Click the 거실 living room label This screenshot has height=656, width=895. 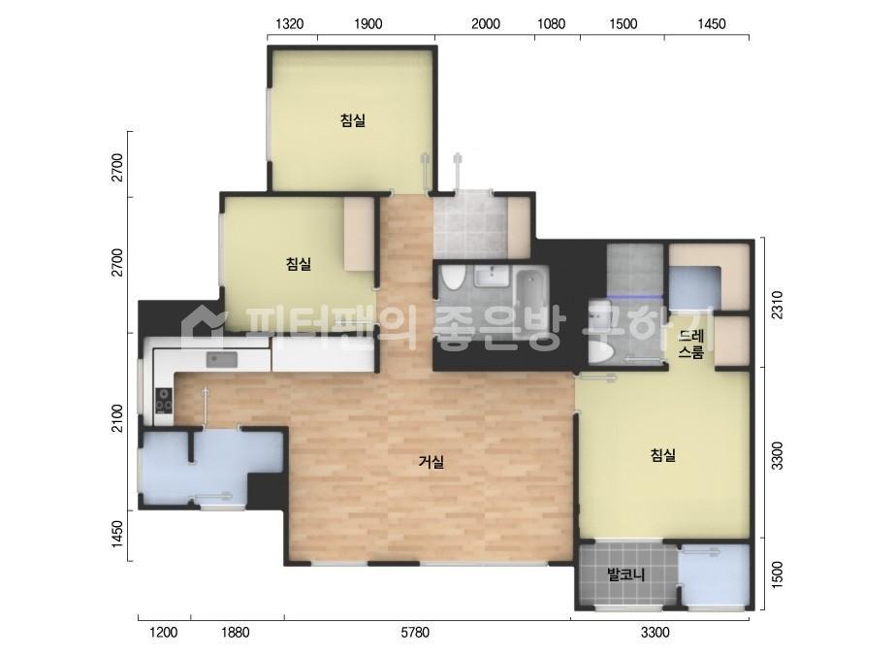point(431,461)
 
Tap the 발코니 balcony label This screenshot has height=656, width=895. point(625,574)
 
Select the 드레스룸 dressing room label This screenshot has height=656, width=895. point(690,344)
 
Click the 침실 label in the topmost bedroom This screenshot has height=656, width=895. point(353,120)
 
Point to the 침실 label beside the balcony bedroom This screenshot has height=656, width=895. point(662,455)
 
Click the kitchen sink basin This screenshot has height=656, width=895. point(221,359)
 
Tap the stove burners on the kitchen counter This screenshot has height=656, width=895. point(164,400)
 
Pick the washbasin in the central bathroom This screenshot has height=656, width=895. point(491,278)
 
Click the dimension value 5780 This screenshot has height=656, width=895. point(415,632)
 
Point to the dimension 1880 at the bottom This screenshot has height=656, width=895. point(236,632)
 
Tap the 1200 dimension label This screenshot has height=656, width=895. point(163,632)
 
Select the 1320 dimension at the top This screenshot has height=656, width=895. point(289,23)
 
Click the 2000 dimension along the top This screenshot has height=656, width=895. point(486,23)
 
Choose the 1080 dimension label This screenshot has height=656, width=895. point(552,23)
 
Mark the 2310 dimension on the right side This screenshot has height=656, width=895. point(777,305)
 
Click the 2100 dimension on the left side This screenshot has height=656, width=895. point(116,418)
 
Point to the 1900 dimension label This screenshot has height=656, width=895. point(368,23)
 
